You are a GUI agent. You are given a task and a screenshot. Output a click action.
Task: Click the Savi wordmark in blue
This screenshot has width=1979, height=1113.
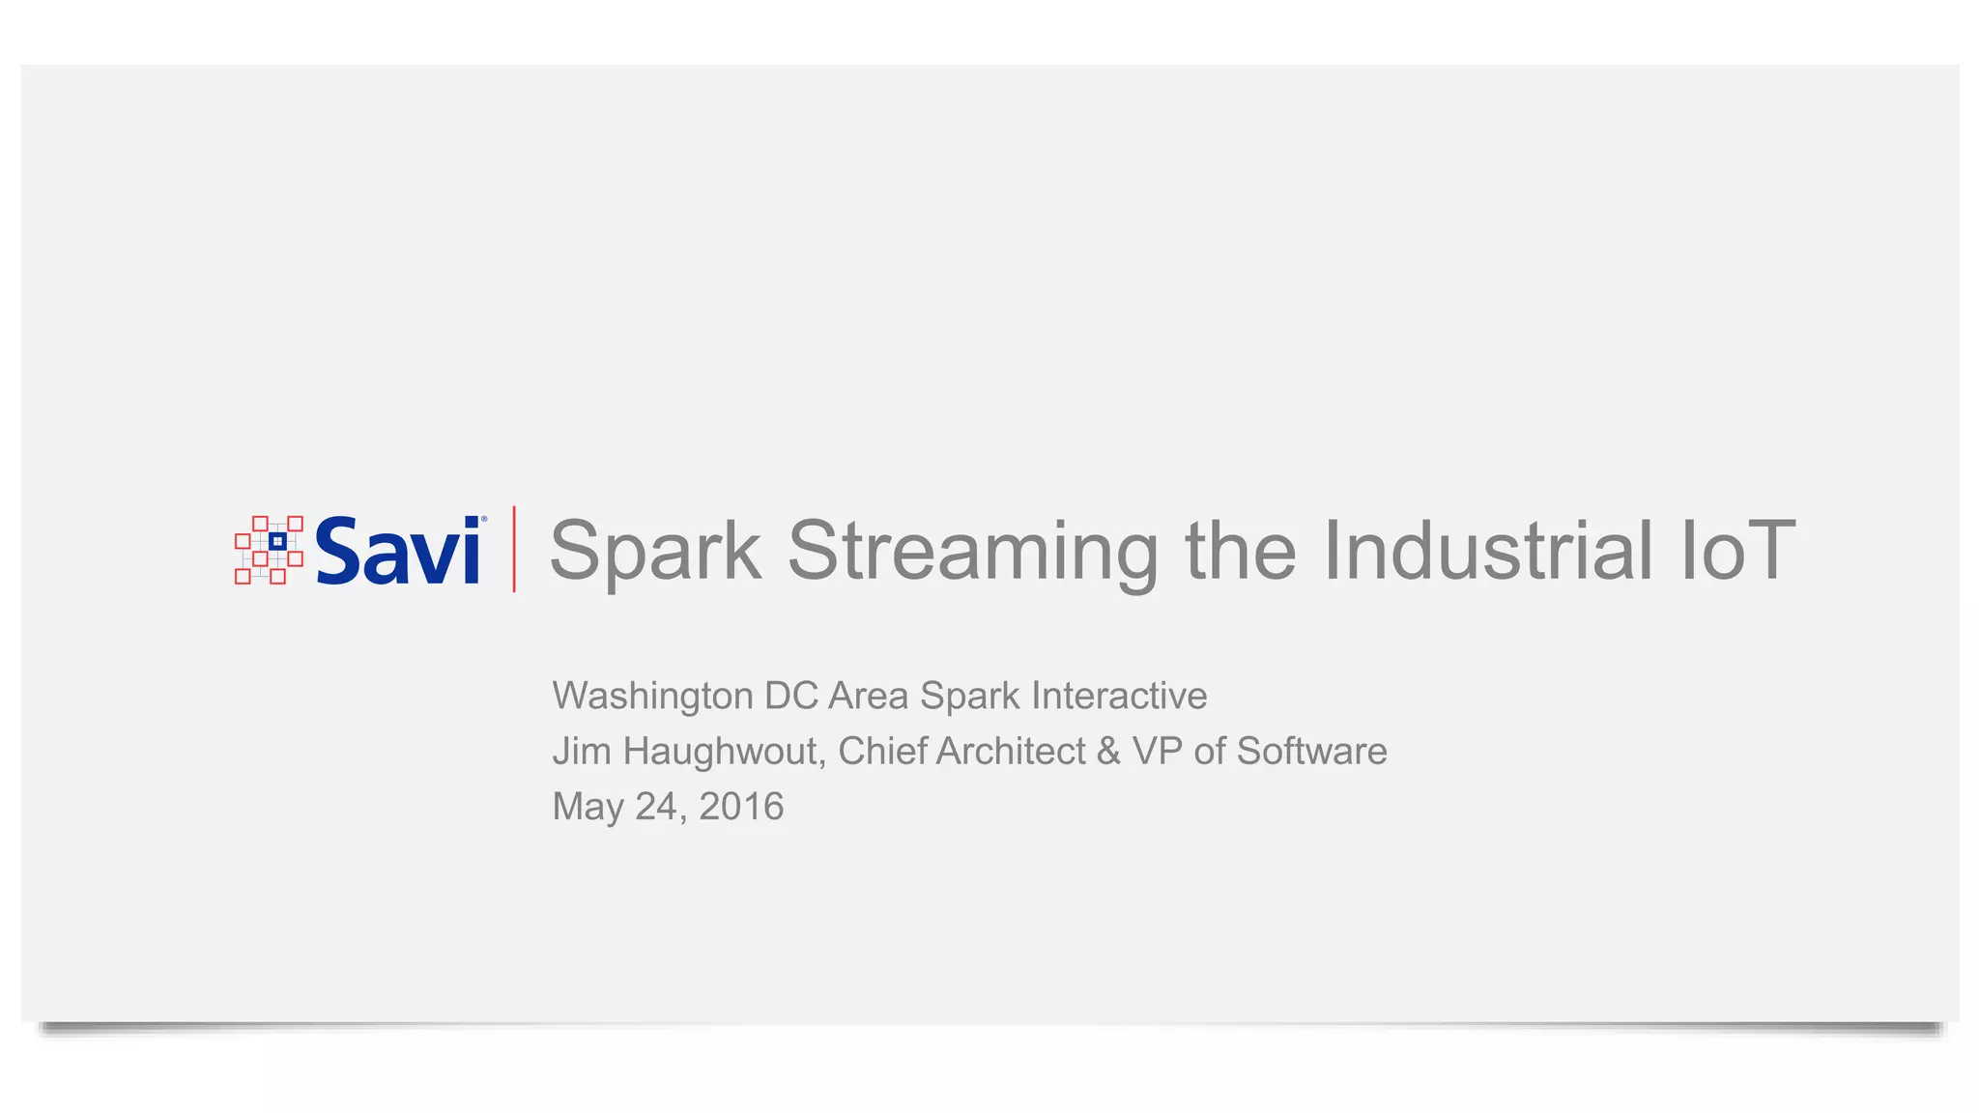click(397, 550)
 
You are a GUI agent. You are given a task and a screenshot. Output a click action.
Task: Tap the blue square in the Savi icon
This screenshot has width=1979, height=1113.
click(277, 541)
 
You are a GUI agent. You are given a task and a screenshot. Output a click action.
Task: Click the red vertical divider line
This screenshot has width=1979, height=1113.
click(514, 549)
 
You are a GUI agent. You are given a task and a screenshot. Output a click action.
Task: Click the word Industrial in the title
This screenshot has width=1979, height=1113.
click(1488, 550)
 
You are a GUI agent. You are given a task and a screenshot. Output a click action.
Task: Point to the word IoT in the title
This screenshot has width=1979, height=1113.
click(1738, 550)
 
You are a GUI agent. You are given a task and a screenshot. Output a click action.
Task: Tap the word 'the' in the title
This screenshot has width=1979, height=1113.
click(1241, 550)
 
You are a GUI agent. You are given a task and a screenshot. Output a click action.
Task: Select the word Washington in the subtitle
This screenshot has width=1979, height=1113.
click(652, 697)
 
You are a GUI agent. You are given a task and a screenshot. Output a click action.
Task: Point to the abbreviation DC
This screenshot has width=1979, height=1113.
click(790, 696)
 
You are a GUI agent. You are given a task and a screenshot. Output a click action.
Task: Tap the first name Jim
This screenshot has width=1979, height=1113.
click(582, 752)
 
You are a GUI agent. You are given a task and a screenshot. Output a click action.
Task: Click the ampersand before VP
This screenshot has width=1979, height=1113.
click(1109, 752)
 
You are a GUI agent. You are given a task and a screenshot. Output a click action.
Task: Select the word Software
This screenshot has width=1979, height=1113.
click(1311, 752)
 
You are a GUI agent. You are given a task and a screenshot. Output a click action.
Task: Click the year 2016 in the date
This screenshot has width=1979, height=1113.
click(741, 807)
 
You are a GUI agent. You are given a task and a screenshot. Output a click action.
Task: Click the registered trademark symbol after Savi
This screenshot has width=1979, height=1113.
click(484, 520)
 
